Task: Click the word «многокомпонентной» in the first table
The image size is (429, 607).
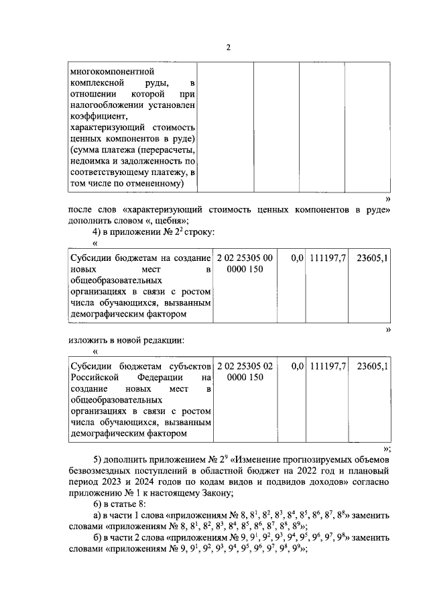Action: coord(112,70)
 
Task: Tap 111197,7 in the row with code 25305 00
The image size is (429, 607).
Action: coord(327,258)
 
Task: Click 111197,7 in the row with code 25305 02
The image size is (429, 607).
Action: coord(327,366)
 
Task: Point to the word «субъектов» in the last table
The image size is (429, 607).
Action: coord(187,366)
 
